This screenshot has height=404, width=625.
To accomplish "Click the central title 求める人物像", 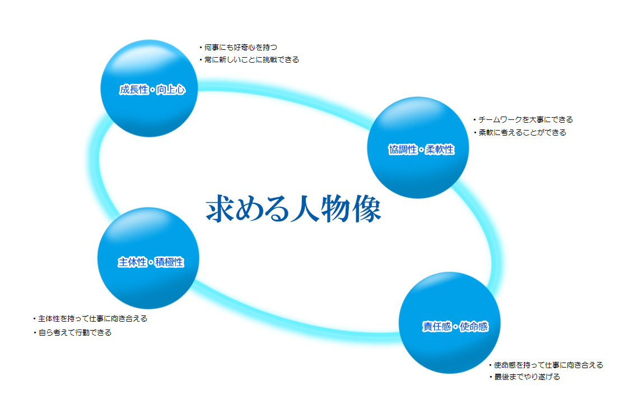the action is pyautogui.click(x=293, y=208).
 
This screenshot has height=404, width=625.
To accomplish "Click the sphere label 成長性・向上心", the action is pyautogui.click(x=152, y=90).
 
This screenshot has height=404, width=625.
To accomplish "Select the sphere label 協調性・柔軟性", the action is pyautogui.click(x=421, y=150).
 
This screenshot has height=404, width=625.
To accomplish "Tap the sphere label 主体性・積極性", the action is pyautogui.click(x=151, y=262).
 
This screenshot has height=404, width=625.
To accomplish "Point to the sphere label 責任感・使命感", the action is pyautogui.click(x=455, y=327).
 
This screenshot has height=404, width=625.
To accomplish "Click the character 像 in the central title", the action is pyautogui.click(x=367, y=208).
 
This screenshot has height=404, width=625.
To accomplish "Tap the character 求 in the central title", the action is pyautogui.click(x=220, y=208).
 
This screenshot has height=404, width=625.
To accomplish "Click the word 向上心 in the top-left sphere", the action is pyautogui.click(x=171, y=90).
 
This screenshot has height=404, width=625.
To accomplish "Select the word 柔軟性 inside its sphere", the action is pyautogui.click(x=440, y=150).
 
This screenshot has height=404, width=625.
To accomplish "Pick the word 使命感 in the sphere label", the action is pyautogui.click(x=474, y=327).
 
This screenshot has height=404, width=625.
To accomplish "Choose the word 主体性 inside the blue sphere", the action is pyautogui.click(x=132, y=262).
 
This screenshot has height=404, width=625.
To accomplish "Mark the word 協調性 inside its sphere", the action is pyautogui.click(x=403, y=150).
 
